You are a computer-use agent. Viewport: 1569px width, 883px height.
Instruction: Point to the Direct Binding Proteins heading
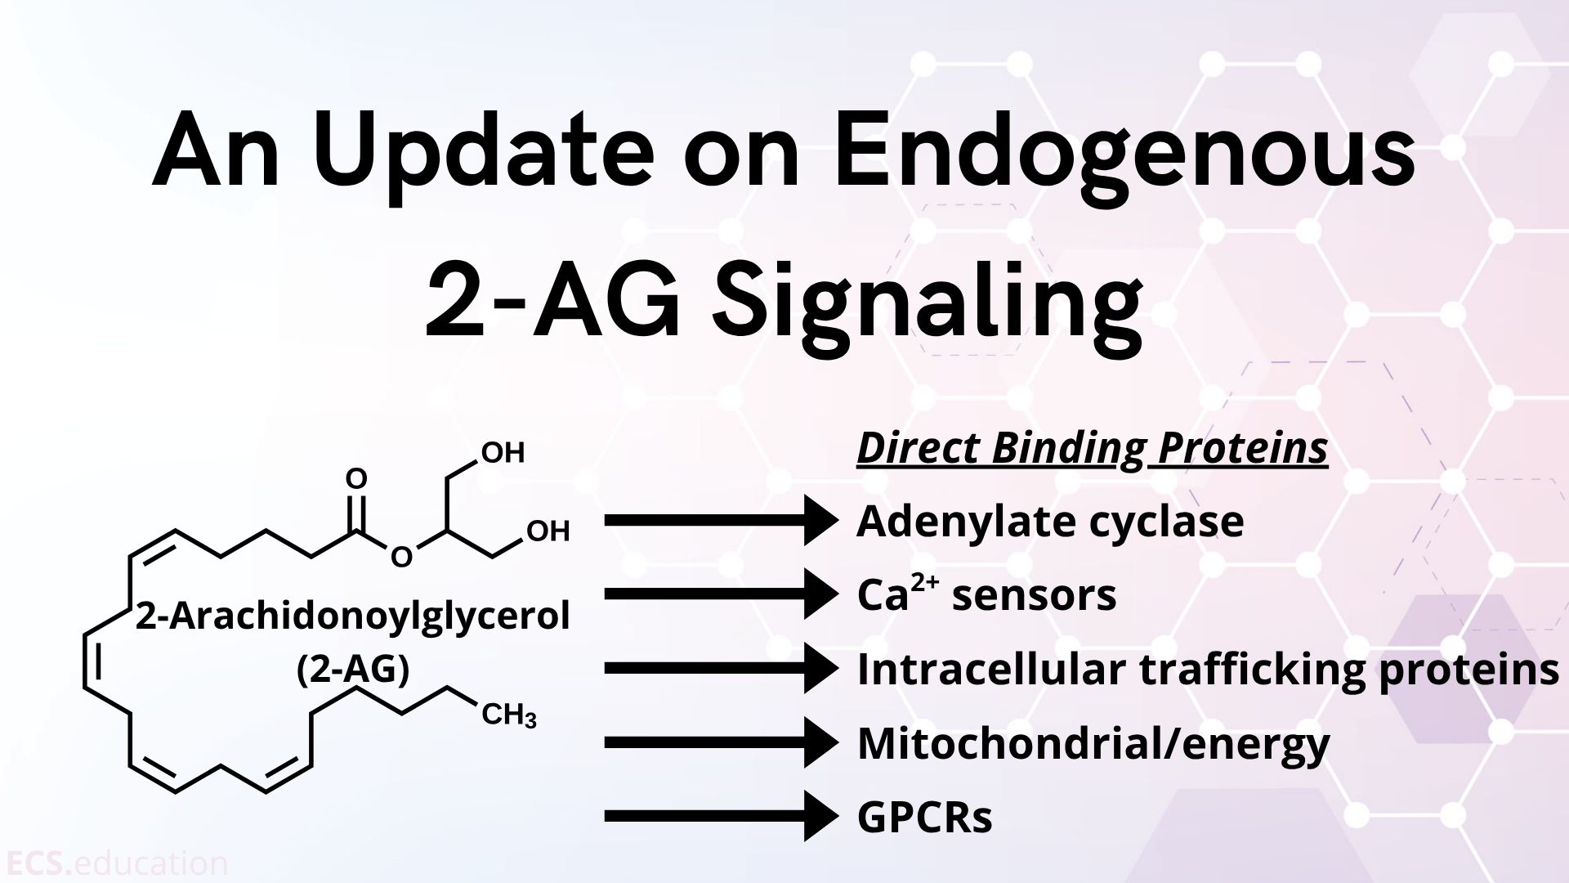1092,450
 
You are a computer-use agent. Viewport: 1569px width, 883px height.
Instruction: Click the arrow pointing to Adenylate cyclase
722,520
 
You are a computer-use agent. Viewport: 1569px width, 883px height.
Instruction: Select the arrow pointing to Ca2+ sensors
722,594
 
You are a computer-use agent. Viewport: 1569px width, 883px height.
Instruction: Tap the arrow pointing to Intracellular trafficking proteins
722,668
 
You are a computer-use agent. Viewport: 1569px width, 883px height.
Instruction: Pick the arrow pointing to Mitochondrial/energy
722,742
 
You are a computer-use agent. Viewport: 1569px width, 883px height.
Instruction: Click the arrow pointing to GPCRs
722,816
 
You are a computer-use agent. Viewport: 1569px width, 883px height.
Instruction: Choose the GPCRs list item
924,817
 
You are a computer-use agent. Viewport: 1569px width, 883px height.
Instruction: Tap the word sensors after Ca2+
1035,596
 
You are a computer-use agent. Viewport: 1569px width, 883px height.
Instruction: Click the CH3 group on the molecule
509,716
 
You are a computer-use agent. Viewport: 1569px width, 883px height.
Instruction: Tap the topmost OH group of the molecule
503,453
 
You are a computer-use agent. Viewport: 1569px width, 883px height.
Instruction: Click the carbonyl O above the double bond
357,478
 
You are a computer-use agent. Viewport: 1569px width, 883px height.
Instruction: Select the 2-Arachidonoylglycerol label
353,616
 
